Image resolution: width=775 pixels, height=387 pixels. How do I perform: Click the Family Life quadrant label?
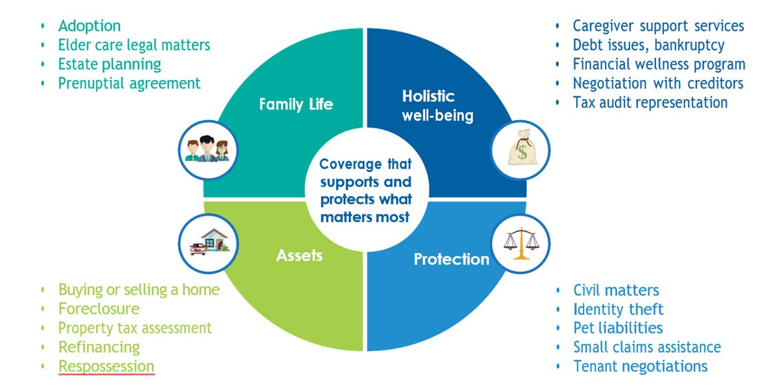pos(296,104)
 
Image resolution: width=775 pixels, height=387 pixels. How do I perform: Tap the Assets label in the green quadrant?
pos(299,255)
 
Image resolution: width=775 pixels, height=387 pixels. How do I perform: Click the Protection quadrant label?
pos(451,259)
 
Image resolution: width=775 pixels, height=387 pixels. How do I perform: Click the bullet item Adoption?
pos(89,26)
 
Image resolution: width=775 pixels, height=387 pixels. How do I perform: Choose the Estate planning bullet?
pos(109,64)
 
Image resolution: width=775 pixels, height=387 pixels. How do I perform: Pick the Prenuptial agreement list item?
pos(129,83)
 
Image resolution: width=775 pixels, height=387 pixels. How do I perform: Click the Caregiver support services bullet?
pos(658,26)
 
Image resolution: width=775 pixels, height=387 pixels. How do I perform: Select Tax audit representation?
pos(650,103)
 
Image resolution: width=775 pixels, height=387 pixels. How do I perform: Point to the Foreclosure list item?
pos(98,308)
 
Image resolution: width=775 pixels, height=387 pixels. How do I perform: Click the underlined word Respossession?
pos(106,366)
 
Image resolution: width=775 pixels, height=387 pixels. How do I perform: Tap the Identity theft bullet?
pos(618,309)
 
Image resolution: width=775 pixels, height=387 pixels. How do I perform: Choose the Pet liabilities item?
pos(617,328)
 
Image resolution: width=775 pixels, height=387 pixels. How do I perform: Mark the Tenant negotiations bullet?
pos(640,366)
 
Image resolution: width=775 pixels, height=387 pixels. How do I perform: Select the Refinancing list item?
pos(99,347)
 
